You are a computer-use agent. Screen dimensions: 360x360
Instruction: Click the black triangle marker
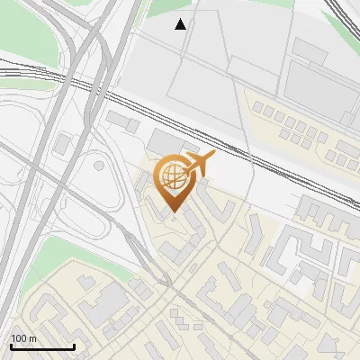[x=181, y=24]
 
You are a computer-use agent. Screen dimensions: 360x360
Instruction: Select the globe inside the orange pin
[x=171, y=176]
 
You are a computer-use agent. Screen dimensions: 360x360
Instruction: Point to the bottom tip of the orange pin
[x=172, y=213]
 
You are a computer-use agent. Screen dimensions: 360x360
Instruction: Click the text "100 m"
[x=22, y=338]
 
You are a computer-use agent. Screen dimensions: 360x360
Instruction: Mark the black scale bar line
[x=42, y=346]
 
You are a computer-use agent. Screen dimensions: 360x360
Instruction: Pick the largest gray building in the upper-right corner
[x=319, y=90]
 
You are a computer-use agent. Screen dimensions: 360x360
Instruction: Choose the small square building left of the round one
[x=64, y=142]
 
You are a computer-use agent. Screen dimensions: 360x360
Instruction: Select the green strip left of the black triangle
[x=162, y=9]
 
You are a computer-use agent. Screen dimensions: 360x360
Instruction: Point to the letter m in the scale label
[x=32, y=338]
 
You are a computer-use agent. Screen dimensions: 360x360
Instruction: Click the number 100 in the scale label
[x=19, y=338]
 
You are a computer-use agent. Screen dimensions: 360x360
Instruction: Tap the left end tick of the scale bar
[x=11, y=345]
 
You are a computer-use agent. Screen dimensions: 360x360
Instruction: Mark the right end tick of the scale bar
[x=74, y=345]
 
